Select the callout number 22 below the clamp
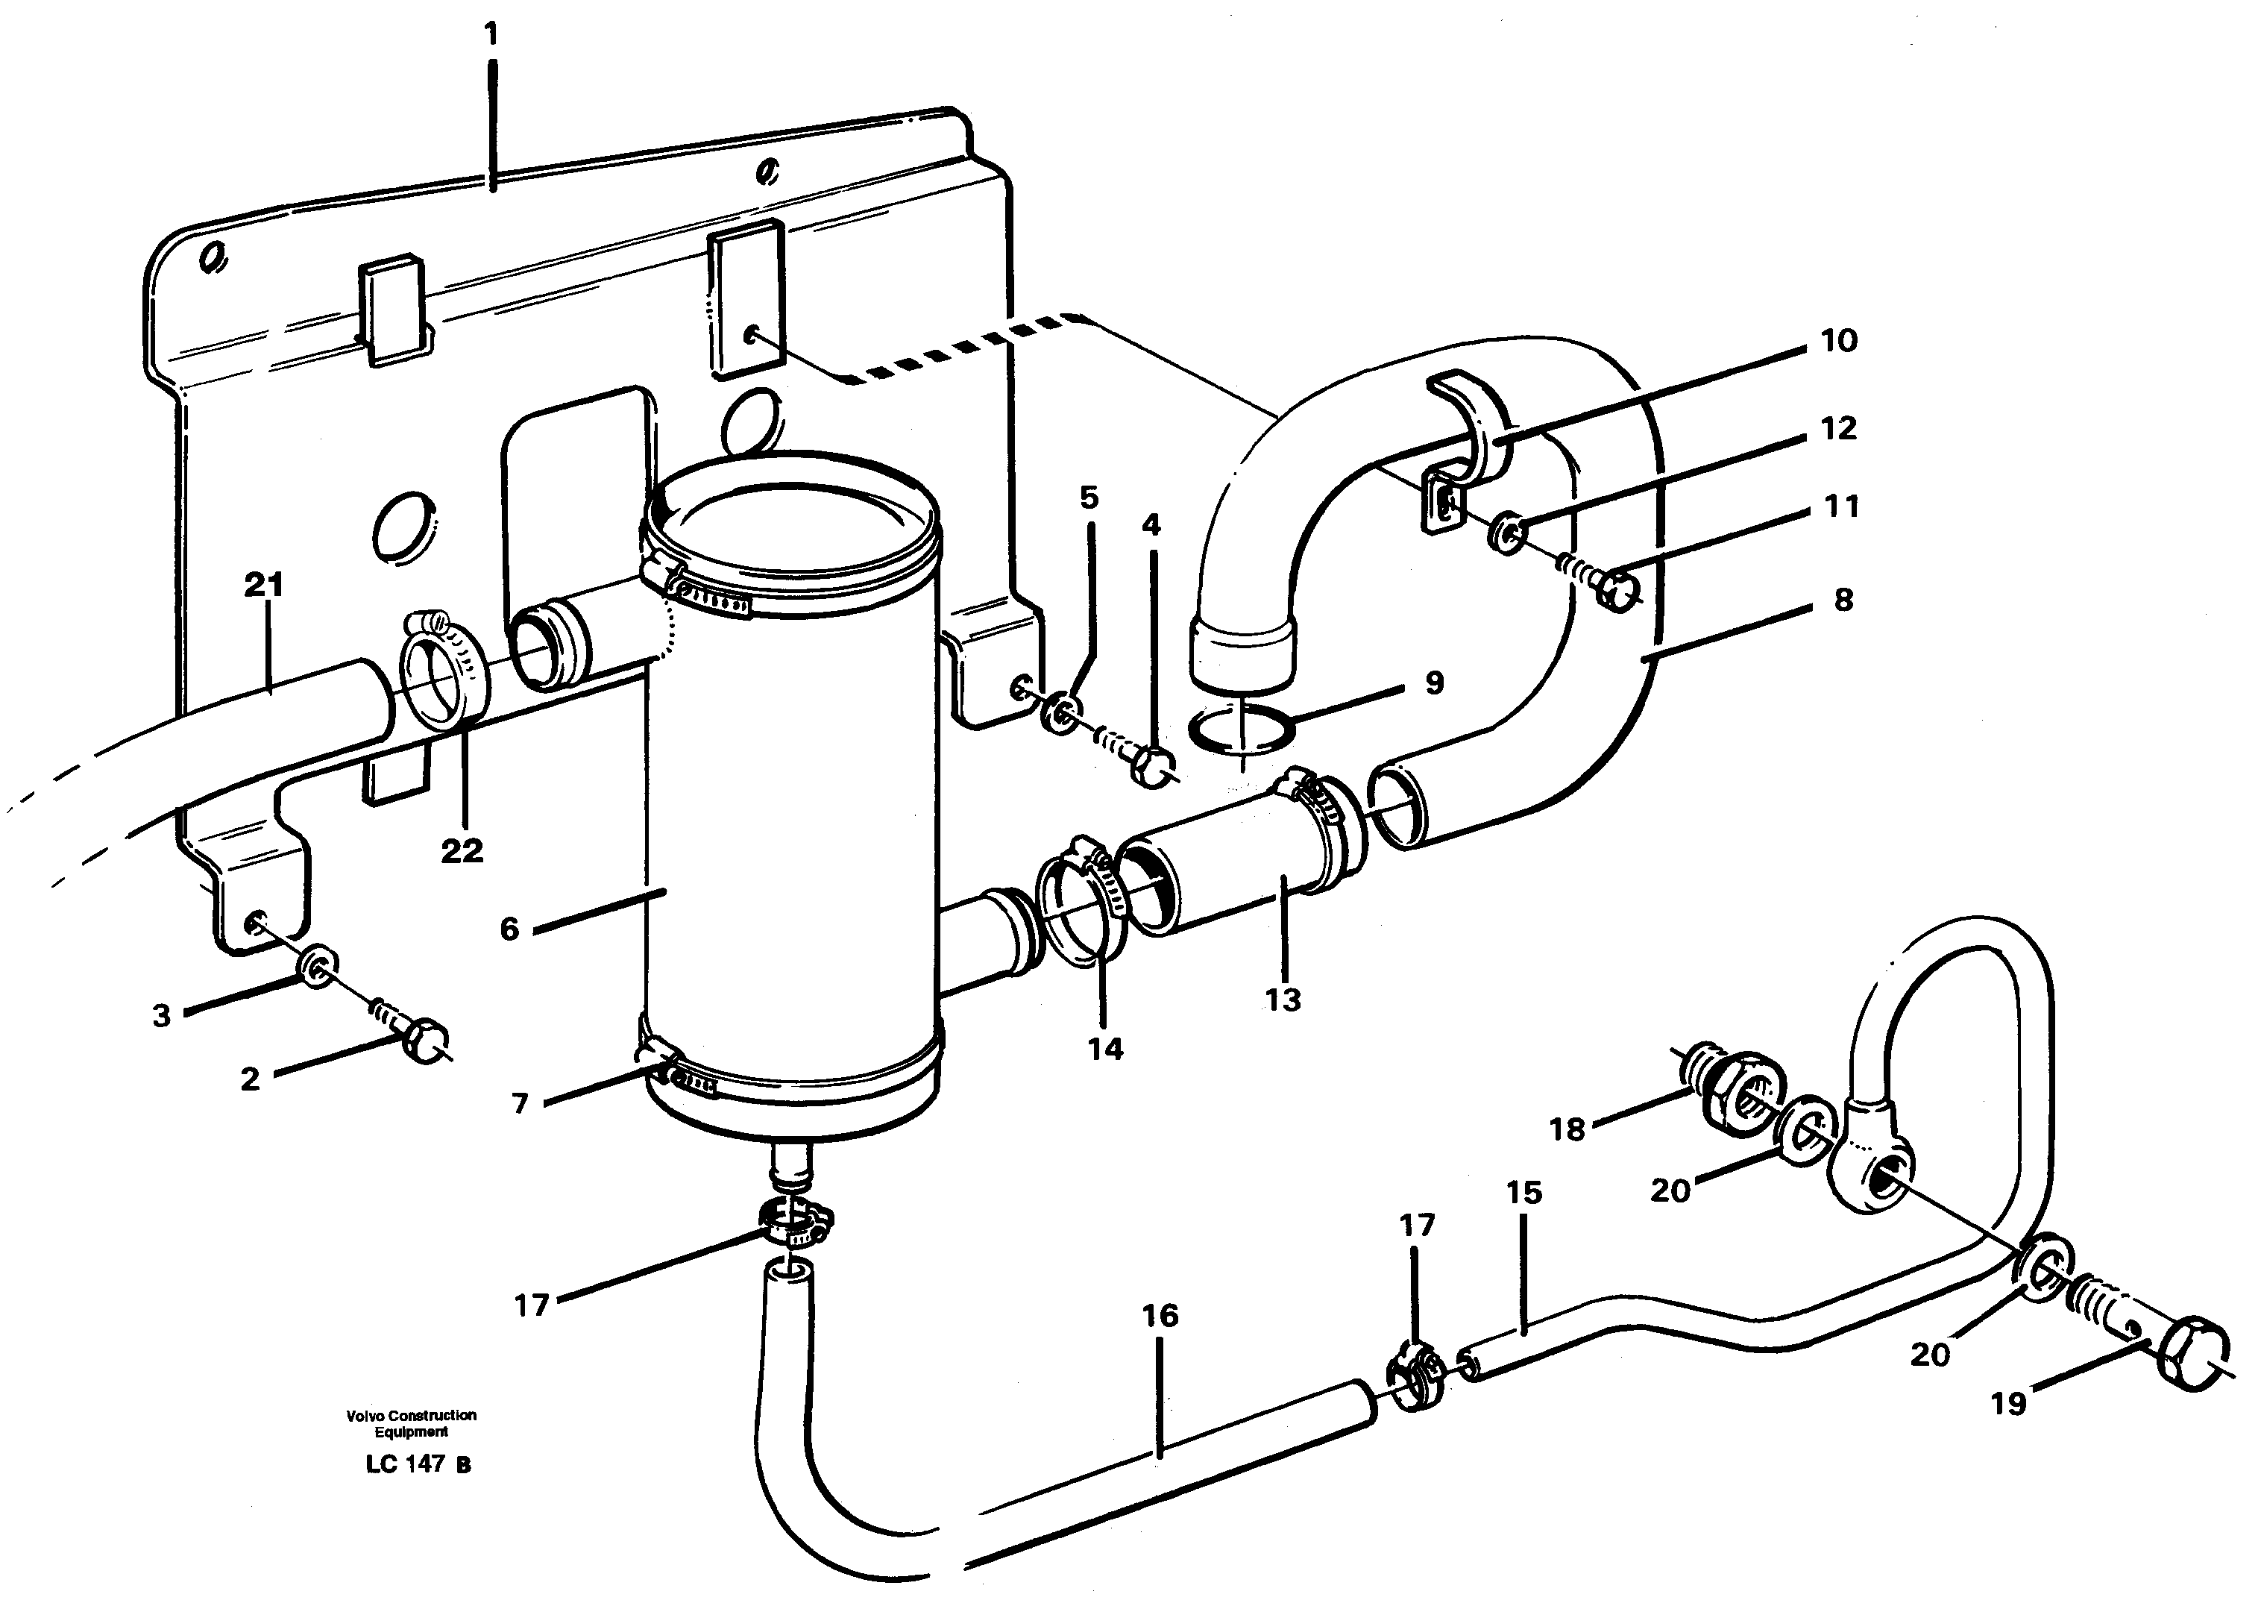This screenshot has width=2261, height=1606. pyautogui.click(x=462, y=850)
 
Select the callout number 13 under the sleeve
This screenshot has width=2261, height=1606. pyautogui.click(x=1283, y=1000)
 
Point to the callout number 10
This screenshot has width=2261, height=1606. pyautogui.click(x=1839, y=341)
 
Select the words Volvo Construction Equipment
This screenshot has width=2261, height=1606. pyautogui.click(x=412, y=1423)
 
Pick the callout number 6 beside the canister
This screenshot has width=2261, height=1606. pyautogui.click(x=509, y=929)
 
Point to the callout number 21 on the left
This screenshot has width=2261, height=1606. pyautogui.click(x=263, y=586)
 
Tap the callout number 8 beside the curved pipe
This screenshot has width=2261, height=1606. pyautogui.click(x=1843, y=599)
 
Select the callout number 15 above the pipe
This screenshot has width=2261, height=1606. pyautogui.click(x=1523, y=1193)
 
